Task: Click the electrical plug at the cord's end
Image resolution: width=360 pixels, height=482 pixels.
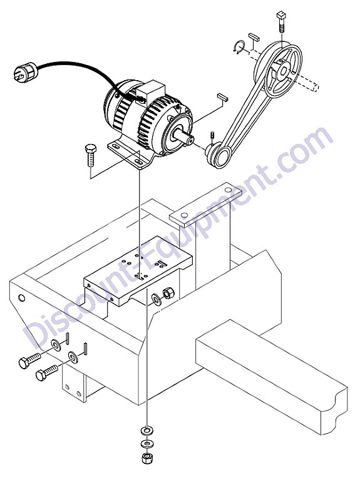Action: [25, 72]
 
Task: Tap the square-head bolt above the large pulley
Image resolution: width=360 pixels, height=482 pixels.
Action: [281, 22]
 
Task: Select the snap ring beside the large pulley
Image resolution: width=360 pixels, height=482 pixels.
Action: [239, 47]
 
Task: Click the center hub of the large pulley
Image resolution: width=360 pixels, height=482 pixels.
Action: [284, 71]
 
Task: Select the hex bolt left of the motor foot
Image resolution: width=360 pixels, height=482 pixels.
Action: [91, 155]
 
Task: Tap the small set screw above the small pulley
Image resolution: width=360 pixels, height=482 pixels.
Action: [212, 136]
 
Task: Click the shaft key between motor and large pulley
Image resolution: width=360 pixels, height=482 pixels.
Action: [222, 97]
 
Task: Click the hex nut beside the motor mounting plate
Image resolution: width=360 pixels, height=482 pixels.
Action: [168, 293]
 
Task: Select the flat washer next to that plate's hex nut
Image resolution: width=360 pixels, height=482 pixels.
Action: [157, 299]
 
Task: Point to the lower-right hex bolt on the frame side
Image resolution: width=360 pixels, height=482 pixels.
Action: [46, 372]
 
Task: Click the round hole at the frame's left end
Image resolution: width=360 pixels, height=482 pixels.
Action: [21, 298]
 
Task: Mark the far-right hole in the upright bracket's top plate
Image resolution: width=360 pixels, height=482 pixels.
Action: [228, 190]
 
